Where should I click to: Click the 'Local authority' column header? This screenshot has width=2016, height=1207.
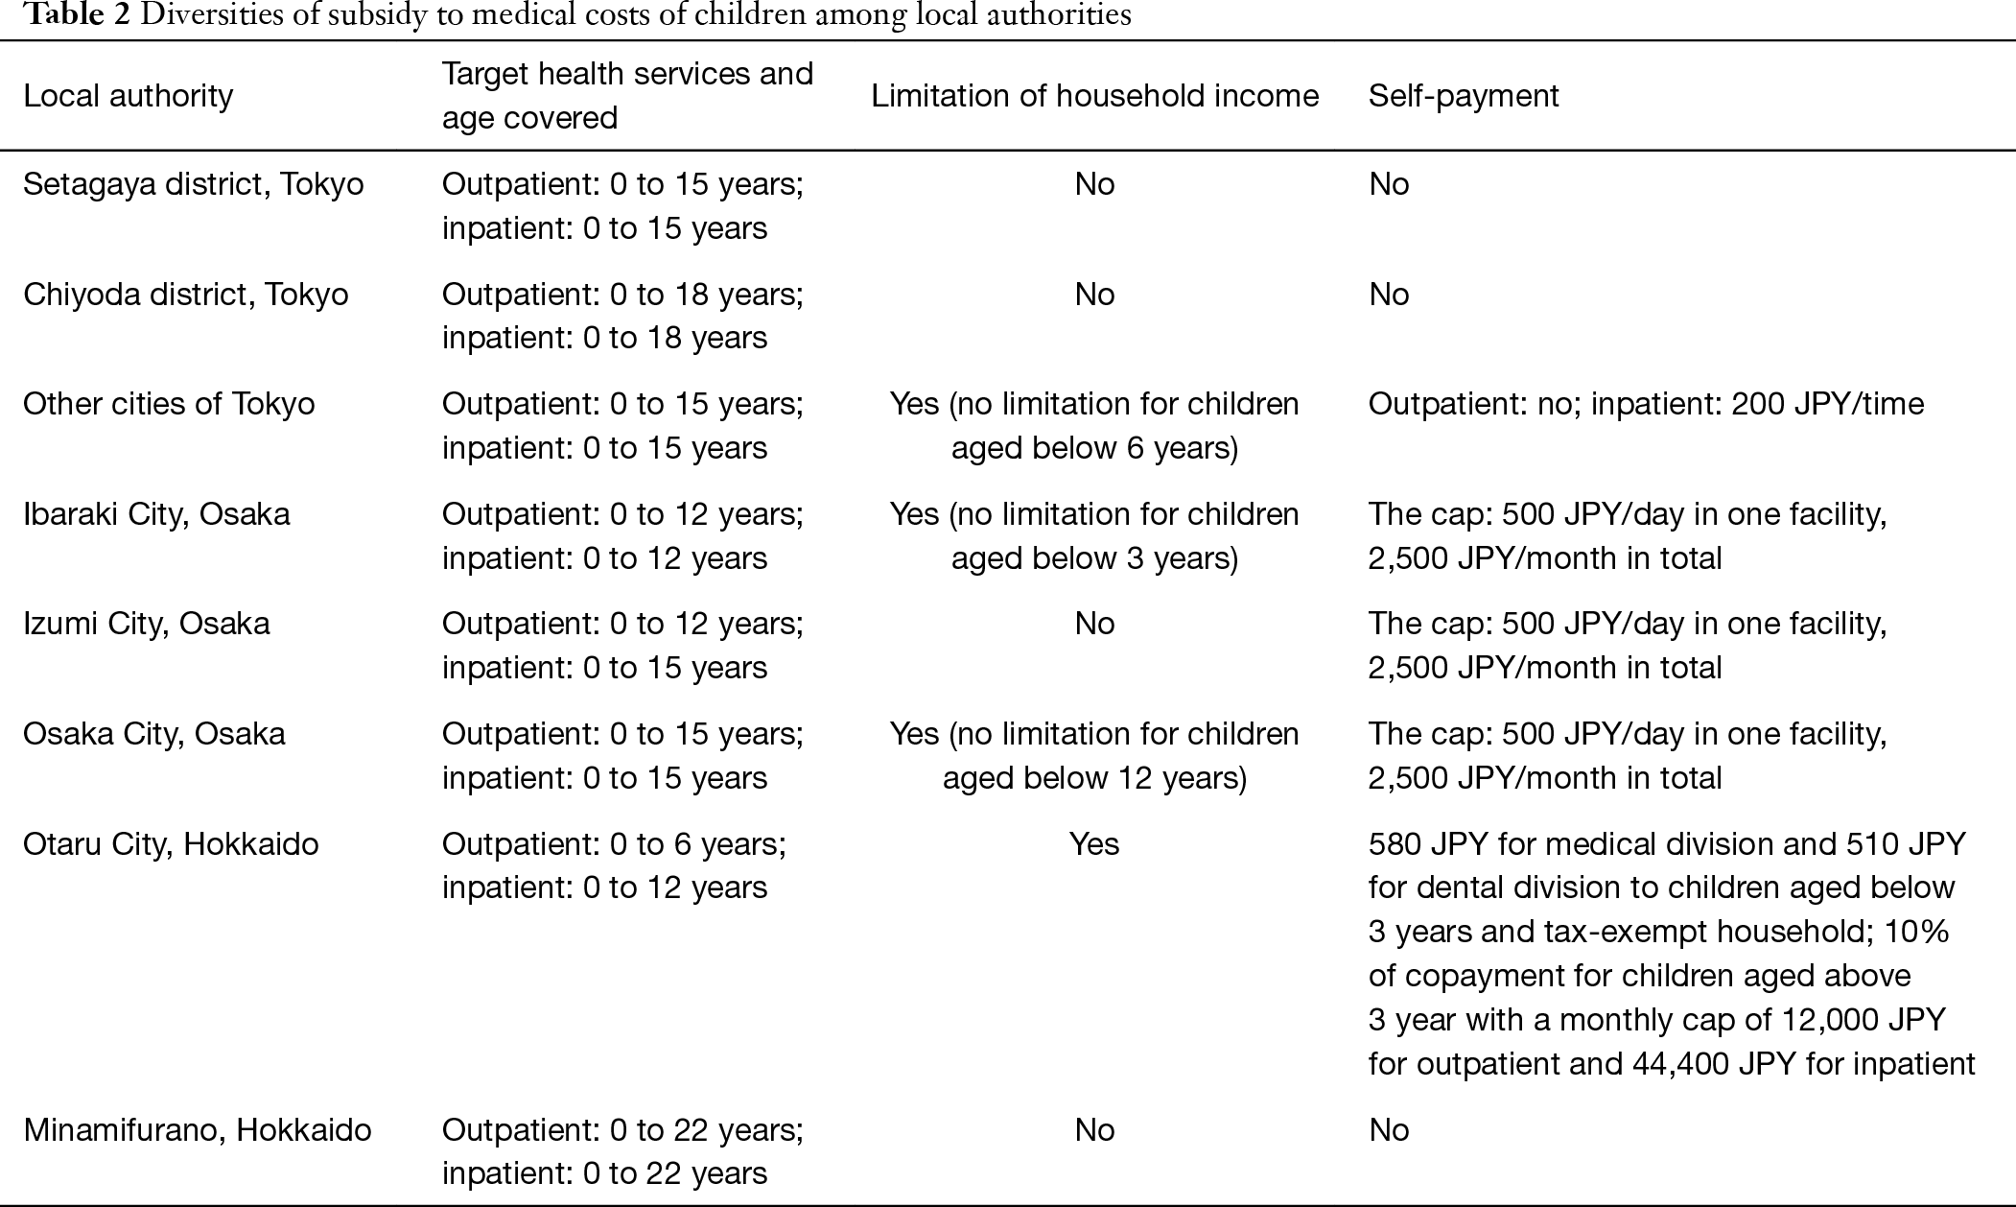click(129, 96)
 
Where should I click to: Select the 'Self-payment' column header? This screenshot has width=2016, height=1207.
click(1464, 96)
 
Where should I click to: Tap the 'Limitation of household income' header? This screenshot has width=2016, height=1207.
click(1094, 96)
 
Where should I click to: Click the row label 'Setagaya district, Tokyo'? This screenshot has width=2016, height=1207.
click(194, 184)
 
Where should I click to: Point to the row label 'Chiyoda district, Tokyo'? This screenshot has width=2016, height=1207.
click(186, 295)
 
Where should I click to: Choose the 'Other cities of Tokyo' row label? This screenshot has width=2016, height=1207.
click(169, 404)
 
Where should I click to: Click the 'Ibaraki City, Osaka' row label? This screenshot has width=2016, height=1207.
click(156, 514)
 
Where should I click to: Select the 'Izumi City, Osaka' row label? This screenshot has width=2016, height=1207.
click(147, 624)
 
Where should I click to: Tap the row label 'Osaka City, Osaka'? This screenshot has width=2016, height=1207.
click(154, 734)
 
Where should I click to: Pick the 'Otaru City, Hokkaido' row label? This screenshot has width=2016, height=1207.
click(171, 844)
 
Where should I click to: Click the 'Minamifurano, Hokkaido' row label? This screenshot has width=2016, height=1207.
click(198, 1130)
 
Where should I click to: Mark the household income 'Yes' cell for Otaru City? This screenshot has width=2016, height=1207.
click(1094, 844)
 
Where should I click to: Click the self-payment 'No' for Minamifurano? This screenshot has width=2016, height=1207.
click(1389, 1130)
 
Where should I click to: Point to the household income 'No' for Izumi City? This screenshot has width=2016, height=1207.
click(1094, 624)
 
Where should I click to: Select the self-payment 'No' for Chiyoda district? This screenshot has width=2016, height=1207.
click(1389, 295)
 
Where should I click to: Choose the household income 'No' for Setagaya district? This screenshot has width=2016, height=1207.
click(1094, 184)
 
